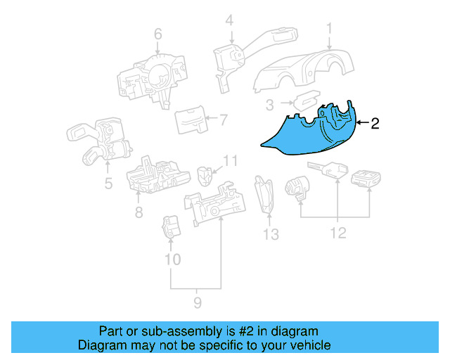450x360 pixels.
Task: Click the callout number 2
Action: (375, 124)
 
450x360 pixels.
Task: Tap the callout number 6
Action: (157, 33)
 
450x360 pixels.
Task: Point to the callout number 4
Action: (229, 22)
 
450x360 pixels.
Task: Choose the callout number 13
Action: (271, 233)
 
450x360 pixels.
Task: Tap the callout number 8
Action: (139, 212)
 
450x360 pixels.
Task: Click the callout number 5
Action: (108, 185)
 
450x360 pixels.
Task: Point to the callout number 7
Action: (223, 120)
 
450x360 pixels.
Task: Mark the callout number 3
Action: (269, 105)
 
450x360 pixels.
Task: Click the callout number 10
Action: (172, 259)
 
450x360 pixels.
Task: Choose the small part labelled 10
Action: (171, 226)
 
